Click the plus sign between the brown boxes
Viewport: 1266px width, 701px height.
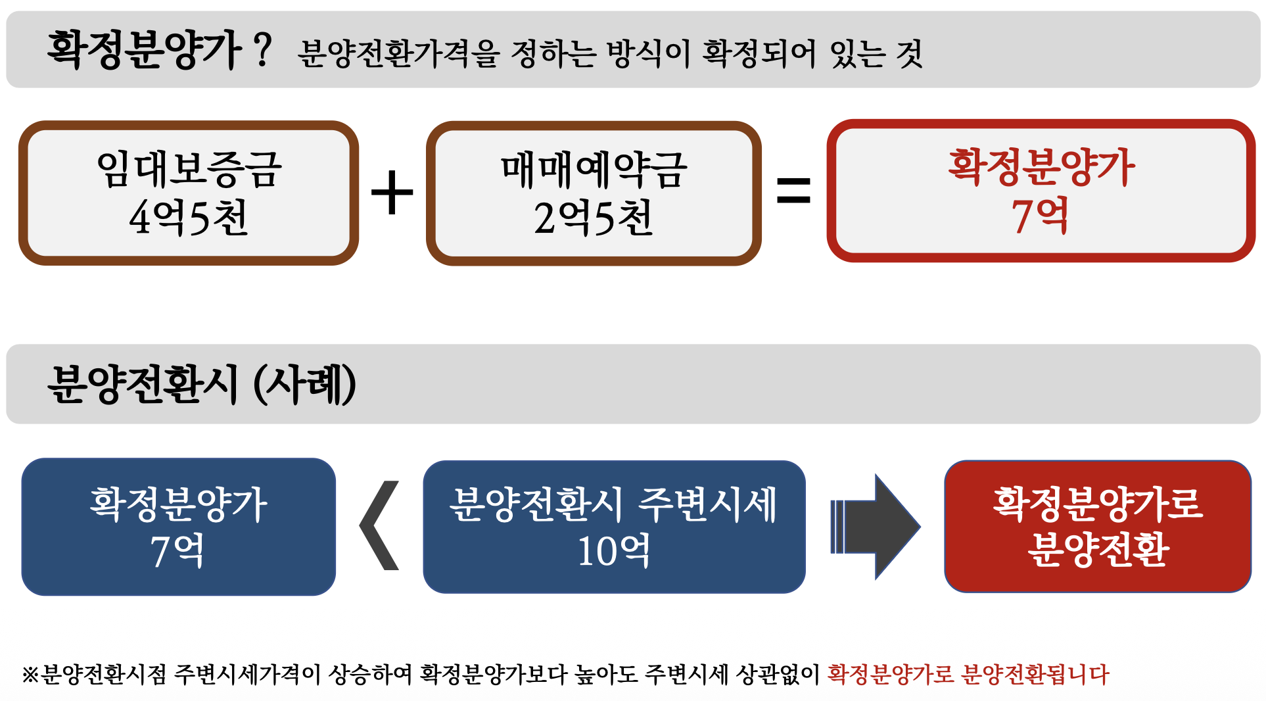coord(392,193)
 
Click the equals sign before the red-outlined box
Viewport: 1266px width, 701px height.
coord(793,191)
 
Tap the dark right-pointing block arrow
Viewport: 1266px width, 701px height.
coord(876,527)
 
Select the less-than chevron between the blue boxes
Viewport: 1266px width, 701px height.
coord(380,525)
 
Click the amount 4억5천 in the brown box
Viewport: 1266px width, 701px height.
coord(189,218)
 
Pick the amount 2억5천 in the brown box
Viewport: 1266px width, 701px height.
coord(593,218)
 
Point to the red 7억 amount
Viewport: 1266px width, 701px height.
coord(1040,216)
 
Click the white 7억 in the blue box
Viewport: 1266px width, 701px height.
coord(177,550)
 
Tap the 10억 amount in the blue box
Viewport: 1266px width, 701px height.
coord(614,550)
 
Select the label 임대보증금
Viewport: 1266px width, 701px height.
coord(189,170)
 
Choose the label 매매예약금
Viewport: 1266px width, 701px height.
coord(594,170)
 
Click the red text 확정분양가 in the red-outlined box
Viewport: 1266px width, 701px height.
coord(1041,167)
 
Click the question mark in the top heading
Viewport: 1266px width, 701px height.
coord(262,50)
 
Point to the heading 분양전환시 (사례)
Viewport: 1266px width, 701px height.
coord(201,385)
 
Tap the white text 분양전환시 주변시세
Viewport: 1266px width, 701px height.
coord(613,505)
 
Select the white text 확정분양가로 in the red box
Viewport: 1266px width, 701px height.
coord(1098,504)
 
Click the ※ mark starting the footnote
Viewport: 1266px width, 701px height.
coord(30,675)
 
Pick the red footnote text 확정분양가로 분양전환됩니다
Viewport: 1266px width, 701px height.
coord(968,675)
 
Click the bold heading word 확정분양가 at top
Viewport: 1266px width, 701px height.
coord(144,51)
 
